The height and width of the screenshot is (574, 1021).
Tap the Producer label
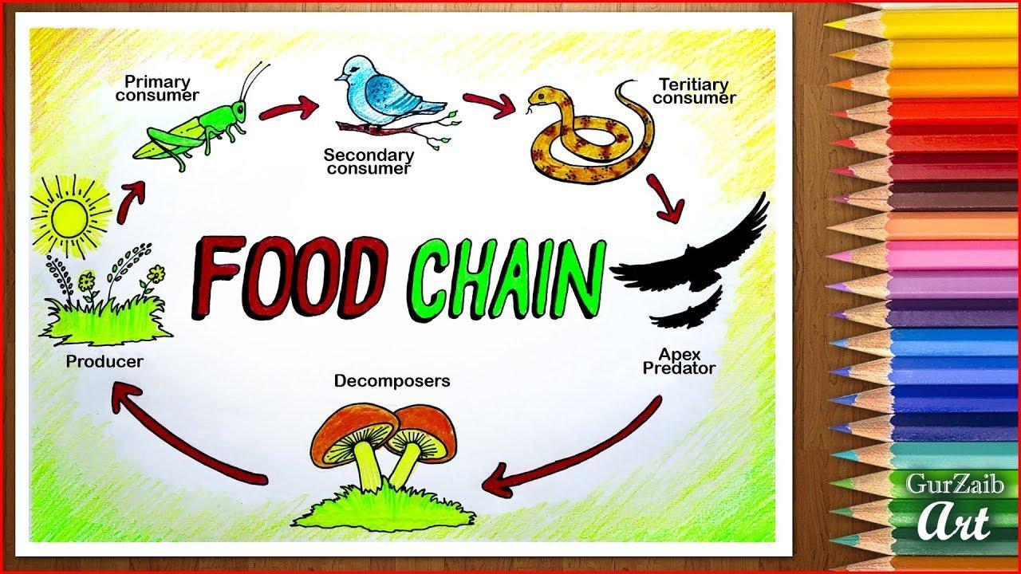click(x=104, y=362)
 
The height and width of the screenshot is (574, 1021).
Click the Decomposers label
click(x=392, y=381)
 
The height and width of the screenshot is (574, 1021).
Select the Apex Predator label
click(x=679, y=361)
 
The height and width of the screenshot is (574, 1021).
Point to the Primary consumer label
click(x=157, y=88)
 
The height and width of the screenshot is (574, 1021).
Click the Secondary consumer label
click(x=369, y=162)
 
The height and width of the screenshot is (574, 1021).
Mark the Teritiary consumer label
click(x=694, y=91)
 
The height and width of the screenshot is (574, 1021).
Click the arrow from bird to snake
click(x=489, y=104)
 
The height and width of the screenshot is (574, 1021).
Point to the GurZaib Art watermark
click(x=955, y=506)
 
